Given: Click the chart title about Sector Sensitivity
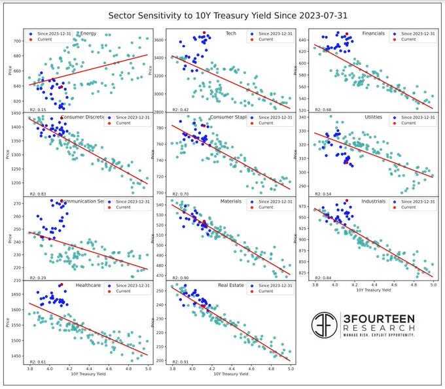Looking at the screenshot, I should coord(222,14).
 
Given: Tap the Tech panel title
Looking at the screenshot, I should coord(230,33).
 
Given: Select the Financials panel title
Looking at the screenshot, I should coord(373,33).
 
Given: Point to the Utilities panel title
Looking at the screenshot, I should coord(373,117).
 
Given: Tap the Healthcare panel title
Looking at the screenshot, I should coord(88,286).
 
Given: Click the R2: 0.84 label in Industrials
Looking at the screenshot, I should coord(322,277).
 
